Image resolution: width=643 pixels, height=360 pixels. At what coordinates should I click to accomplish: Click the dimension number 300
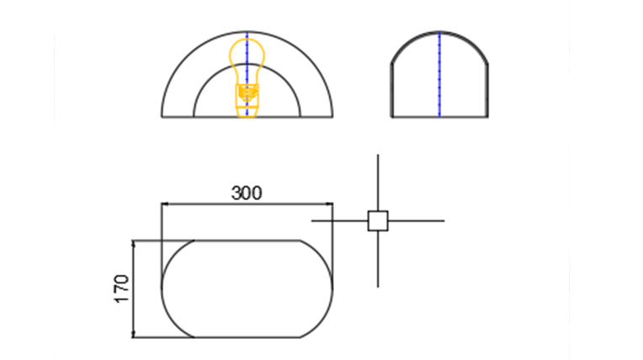pyautogui.click(x=247, y=193)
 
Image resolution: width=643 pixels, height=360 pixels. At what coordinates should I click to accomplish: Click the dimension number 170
pyautogui.click(x=122, y=289)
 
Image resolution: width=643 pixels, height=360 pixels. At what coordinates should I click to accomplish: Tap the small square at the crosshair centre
pyautogui.click(x=378, y=221)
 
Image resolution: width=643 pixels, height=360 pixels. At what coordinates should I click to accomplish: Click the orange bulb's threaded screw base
pyautogui.click(x=247, y=93)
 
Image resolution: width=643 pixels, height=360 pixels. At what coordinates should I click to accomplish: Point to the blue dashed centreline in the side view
pyautogui.click(x=439, y=75)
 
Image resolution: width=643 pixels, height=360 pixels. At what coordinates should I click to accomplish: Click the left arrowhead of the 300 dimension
pyautogui.click(x=165, y=204)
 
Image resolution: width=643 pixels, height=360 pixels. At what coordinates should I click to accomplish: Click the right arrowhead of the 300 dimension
pyautogui.click(x=329, y=204)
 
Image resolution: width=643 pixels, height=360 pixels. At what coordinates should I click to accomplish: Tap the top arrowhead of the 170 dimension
pyautogui.click(x=133, y=245)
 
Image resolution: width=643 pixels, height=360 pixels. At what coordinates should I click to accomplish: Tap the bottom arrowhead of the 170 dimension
pyautogui.click(x=133, y=334)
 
